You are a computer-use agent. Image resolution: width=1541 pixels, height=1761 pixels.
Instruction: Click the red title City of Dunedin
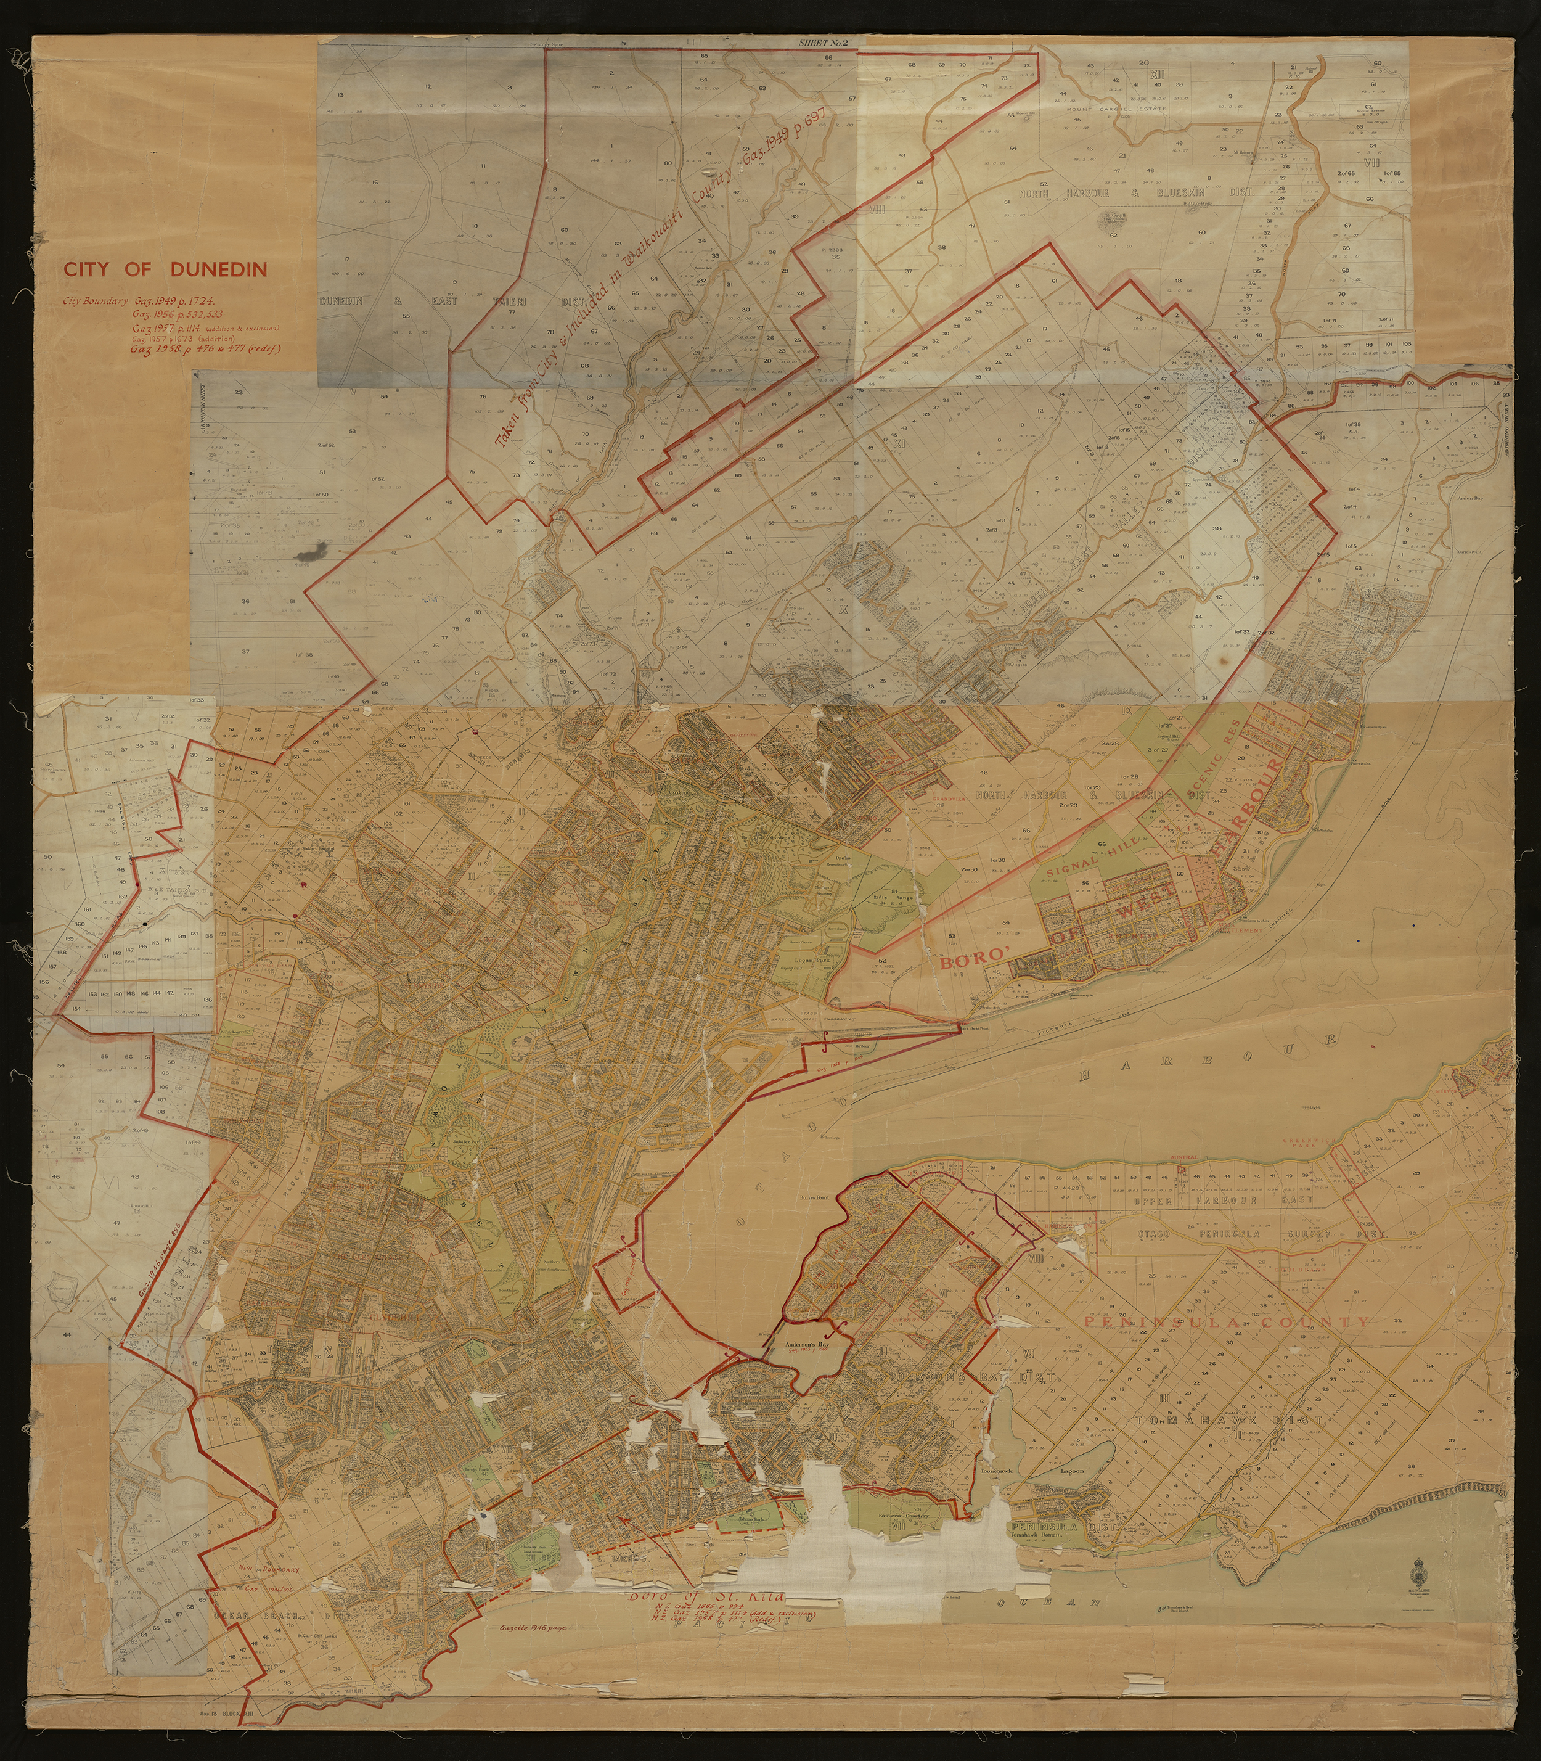165,269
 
